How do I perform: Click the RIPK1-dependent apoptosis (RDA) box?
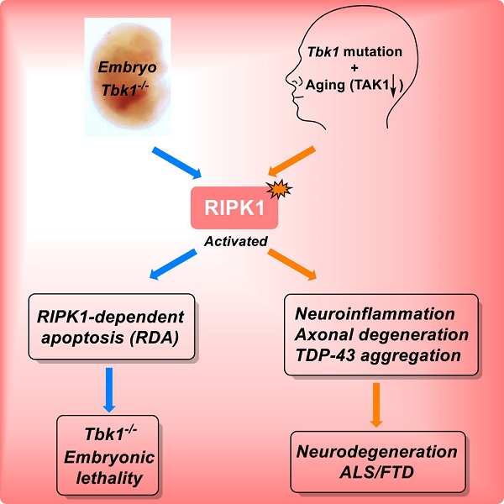point(112,327)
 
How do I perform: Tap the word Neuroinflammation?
point(375,314)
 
